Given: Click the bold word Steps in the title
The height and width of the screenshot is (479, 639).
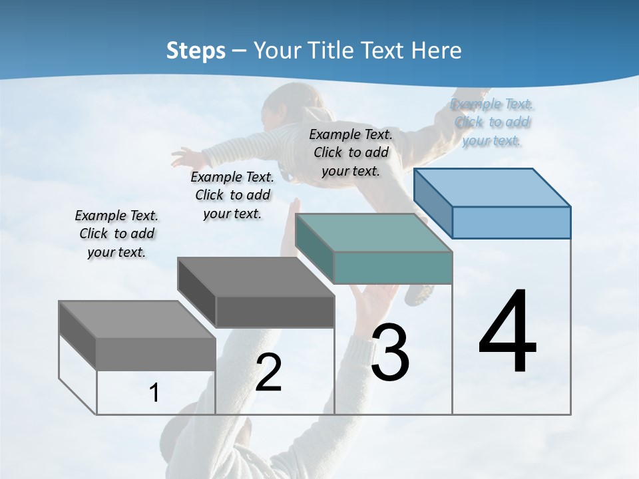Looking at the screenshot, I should (x=196, y=51).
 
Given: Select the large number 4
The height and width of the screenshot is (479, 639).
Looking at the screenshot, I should (x=507, y=333).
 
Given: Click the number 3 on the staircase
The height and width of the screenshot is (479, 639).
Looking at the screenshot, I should (x=389, y=353).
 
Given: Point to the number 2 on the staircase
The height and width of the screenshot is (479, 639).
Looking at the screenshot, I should (x=268, y=373).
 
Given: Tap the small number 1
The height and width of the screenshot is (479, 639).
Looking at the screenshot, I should (x=154, y=393).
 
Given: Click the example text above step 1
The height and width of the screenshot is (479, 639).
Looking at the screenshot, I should (x=116, y=234).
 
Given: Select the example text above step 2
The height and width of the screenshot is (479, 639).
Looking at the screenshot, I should (x=232, y=195).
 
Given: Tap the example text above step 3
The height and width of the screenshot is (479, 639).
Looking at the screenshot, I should (x=351, y=152).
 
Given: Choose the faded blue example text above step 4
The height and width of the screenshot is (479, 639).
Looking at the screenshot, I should (x=492, y=122).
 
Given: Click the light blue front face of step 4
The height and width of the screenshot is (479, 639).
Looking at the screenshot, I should (x=511, y=222).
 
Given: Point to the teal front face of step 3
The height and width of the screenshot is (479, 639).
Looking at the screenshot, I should (x=393, y=267).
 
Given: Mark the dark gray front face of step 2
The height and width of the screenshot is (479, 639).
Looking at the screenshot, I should (x=275, y=311).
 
